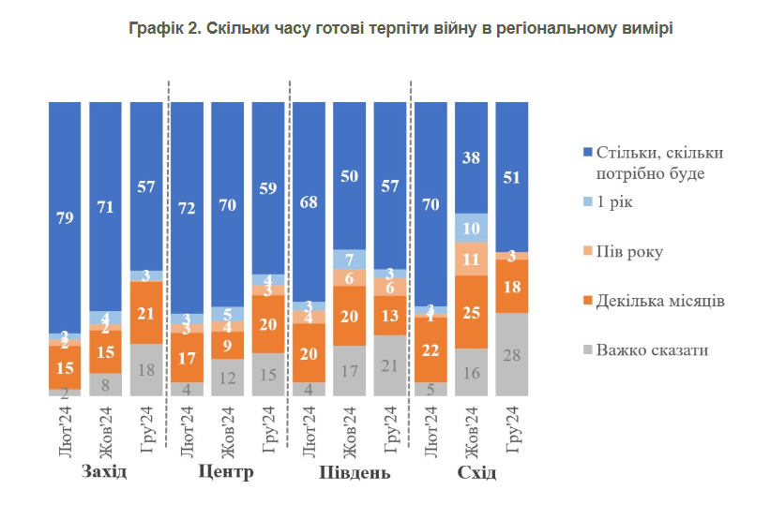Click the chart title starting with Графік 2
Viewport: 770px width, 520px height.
coord(400,29)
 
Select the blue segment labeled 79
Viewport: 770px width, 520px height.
coord(65,219)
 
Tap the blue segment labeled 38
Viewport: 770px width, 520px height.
coord(471,157)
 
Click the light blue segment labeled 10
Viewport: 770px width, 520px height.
coord(471,229)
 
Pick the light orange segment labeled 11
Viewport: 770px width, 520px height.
coord(471,259)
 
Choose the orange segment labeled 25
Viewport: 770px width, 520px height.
coord(471,312)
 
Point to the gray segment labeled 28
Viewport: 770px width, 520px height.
coord(511,355)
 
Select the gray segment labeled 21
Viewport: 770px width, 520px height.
coord(389,364)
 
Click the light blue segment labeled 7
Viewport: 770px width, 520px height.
coord(349,260)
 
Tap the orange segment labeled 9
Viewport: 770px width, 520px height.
coord(227,345)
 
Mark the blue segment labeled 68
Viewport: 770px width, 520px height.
coord(309,201)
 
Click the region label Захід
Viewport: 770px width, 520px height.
coord(104,470)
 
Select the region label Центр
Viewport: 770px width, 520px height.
coord(226,470)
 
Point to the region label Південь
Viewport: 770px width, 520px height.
coord(350,471)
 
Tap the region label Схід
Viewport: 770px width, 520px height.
coord(476,471)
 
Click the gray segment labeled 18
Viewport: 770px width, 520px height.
coord(145,370)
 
